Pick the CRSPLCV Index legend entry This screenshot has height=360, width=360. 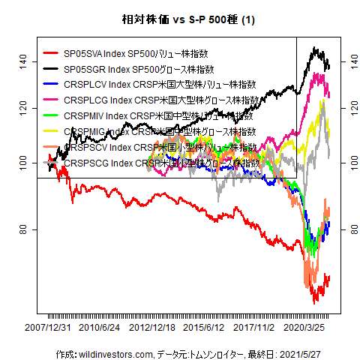(160, 85)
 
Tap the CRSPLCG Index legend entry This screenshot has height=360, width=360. (163, 100)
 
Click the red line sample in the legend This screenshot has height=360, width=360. (52, 53)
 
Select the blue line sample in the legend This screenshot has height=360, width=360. (52, 85)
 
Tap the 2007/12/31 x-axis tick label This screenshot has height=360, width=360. (49, 328)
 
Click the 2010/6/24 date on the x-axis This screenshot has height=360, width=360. (100, 328)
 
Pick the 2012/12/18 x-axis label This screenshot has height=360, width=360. (153, 328)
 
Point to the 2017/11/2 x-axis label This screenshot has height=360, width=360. (256, 328)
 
